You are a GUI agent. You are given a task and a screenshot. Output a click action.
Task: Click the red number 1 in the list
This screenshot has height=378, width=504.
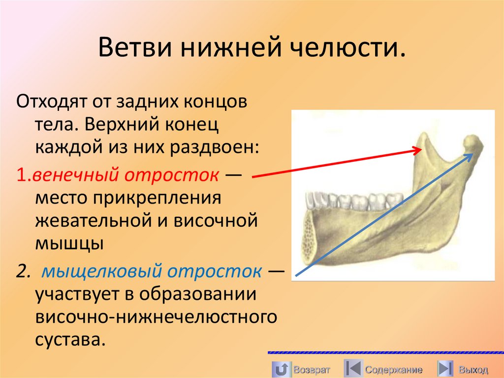tap(20, 175)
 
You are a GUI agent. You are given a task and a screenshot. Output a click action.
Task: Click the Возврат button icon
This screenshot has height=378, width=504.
tap(281, 369)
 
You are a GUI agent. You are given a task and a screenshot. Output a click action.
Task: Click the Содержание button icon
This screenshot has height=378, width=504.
tap(352, 369)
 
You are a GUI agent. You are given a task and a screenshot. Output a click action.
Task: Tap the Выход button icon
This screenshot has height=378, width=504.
tap(445, 369)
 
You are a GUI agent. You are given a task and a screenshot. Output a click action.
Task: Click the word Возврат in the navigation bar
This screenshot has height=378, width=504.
tap(312, 369)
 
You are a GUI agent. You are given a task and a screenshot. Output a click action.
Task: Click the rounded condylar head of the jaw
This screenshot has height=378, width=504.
tap(474, 143)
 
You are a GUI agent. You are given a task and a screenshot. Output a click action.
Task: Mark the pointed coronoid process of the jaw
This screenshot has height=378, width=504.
tap(424, 139)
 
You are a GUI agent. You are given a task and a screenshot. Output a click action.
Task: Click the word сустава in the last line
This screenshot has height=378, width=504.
tap(69, 339)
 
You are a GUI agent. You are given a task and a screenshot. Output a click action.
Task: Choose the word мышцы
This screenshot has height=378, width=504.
tap(69, 243)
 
